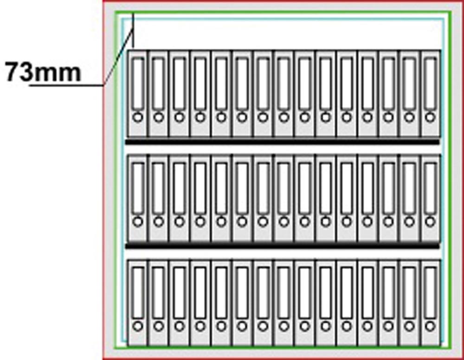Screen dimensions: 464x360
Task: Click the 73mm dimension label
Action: (x=43, y=72)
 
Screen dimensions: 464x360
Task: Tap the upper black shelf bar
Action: (x=282, y=142)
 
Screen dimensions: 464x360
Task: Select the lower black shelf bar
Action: (x=282, y=246)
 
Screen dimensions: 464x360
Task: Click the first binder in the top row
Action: (x=137, y=94)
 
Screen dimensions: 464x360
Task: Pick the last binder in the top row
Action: (x=431, y=94)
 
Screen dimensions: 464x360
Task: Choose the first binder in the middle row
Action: (x=137, y=199)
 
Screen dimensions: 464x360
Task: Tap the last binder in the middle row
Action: (x=431, y=199)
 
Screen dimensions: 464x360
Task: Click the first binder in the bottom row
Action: (x=137, y=303)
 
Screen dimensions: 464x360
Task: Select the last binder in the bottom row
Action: (x=431, y=303)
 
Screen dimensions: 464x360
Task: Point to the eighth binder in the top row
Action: (x=284, y=94)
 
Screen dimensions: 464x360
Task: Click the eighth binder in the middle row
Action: (x=284, y=199)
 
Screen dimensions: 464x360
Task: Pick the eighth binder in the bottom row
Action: (x=284, y=303)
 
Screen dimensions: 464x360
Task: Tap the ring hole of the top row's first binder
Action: (x=138, y=117)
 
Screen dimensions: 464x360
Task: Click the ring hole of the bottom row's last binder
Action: (x=431, y=326)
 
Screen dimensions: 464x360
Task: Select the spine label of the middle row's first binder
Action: (x=138, y=188)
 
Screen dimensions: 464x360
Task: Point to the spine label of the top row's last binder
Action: (x=431, y=84)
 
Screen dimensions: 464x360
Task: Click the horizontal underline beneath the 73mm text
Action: (x=66, y=85)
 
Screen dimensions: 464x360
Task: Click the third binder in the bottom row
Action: (x=179, y=303)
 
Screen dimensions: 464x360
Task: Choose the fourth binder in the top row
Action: (x=200, y=94)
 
